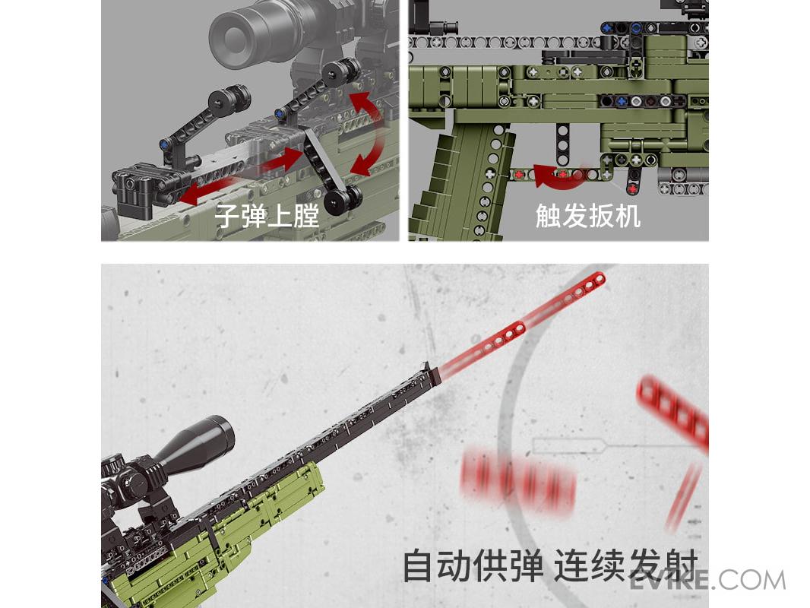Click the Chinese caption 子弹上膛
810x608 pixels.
(267, 215)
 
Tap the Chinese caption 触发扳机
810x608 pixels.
(588, 215)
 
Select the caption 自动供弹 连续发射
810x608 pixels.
(550, 565)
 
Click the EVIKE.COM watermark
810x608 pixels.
(707, 580)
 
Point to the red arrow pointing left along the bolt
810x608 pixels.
(207, 191)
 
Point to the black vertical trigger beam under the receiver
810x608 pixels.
(563, 144)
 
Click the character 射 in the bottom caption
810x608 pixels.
(682, 565)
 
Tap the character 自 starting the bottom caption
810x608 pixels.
(417, 565)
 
